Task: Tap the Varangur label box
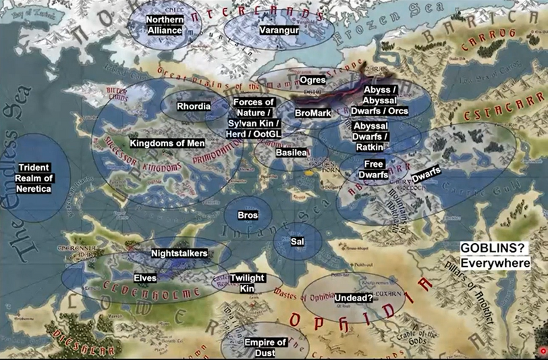click(x=278, y=30)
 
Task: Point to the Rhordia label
click(x=194, y=106)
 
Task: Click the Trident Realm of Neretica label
click(x=34, y=178)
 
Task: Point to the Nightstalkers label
click(x=178, y=253)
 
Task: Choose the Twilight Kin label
click(x=246, y=283)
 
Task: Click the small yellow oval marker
click(x=309, y=173)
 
